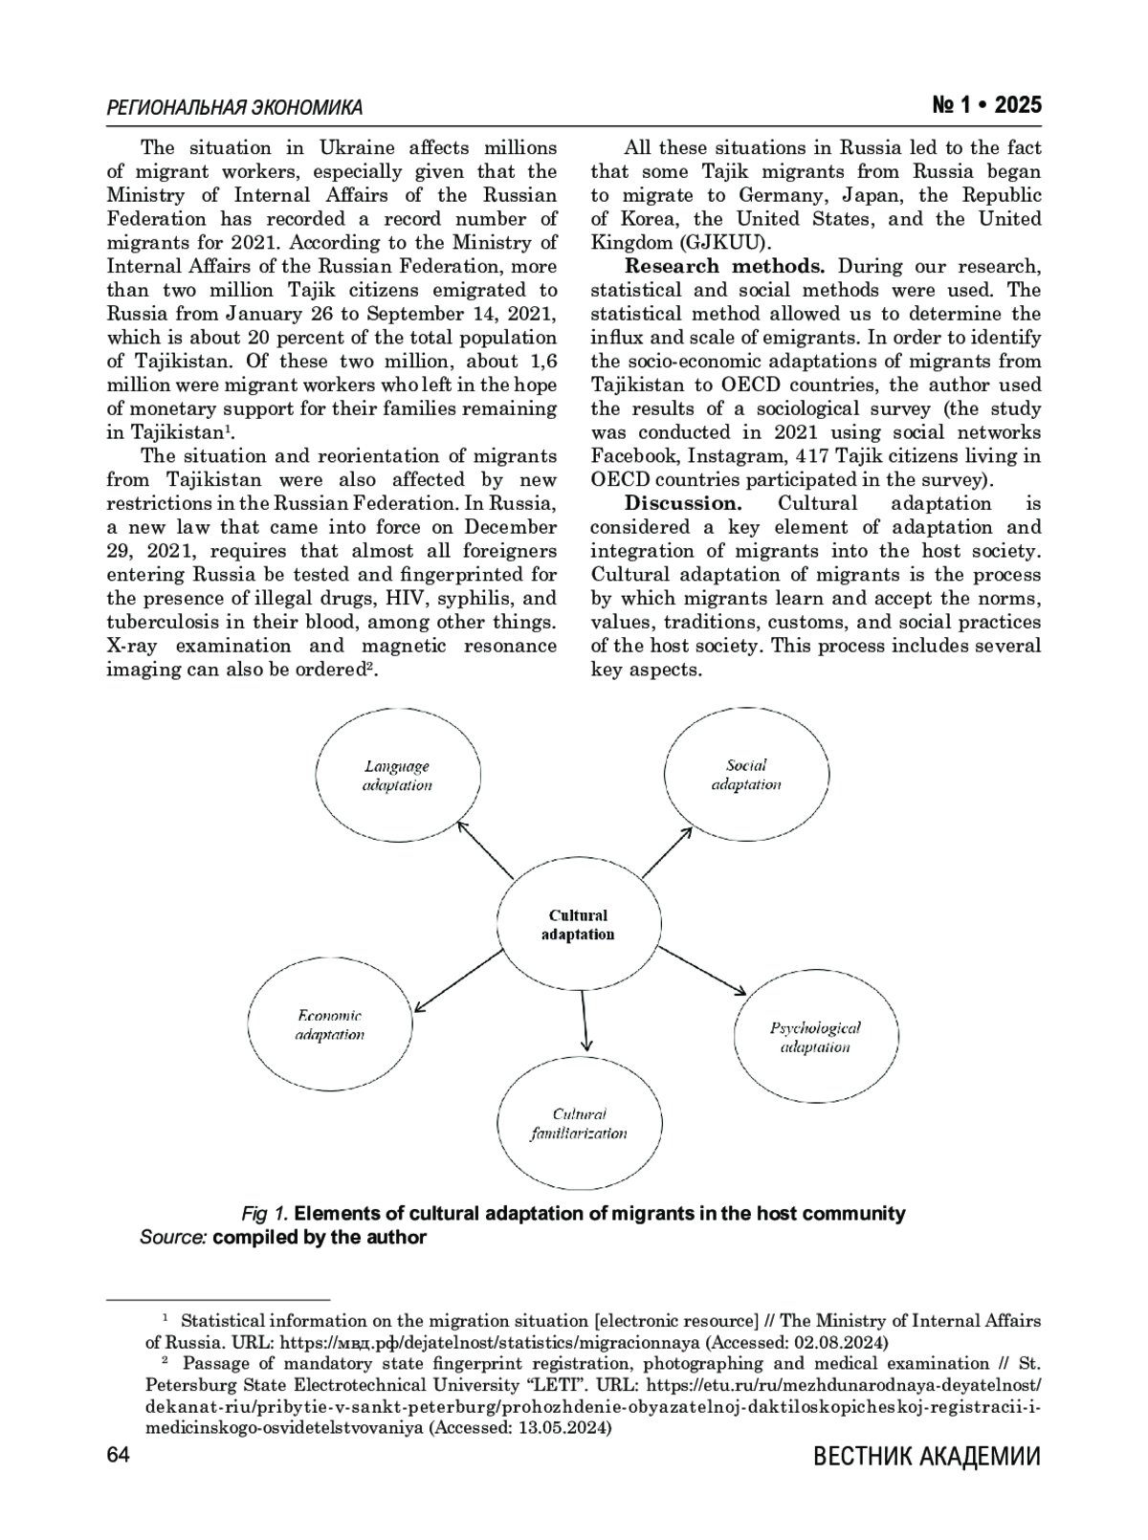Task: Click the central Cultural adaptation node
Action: point(579,925)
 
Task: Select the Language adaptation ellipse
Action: point(397,775)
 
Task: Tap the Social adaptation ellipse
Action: point(746,775)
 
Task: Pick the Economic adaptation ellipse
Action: point(330,1024)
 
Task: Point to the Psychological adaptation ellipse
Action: point(815,1037)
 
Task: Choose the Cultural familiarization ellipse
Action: point(579,1124)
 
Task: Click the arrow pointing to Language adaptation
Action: point(485,849)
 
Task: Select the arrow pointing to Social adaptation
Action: point(667,852)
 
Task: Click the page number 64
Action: point(118,1456)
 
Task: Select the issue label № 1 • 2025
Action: point(986,105)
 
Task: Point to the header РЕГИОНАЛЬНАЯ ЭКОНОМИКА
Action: point(234,107)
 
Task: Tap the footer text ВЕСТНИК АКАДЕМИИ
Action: point(926,1457)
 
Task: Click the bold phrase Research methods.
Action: point(725,266)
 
